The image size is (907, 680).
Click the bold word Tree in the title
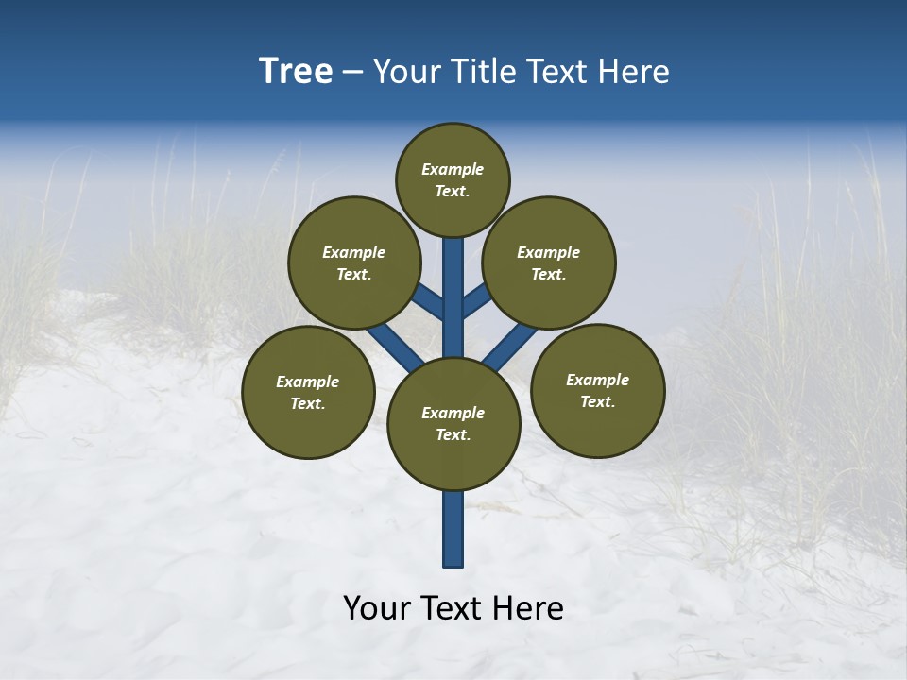click(296, 72)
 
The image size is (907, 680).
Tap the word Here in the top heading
click(636, 72)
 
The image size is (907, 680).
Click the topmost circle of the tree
click(453, 179)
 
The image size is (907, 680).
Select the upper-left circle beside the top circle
click(353, 263)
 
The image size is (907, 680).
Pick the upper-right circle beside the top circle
click(549, 263)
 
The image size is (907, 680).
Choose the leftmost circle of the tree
click(308, 392)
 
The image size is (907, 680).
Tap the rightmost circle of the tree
click(597, 390)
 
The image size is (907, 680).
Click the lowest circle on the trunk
click(453, 424)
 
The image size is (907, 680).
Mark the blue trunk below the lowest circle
click(453, 529)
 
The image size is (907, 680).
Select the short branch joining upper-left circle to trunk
click(429, 302)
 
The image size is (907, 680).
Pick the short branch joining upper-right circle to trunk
click(476, 301)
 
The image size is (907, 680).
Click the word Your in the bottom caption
click(377, 608)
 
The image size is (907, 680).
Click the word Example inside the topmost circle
click(453, 169)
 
